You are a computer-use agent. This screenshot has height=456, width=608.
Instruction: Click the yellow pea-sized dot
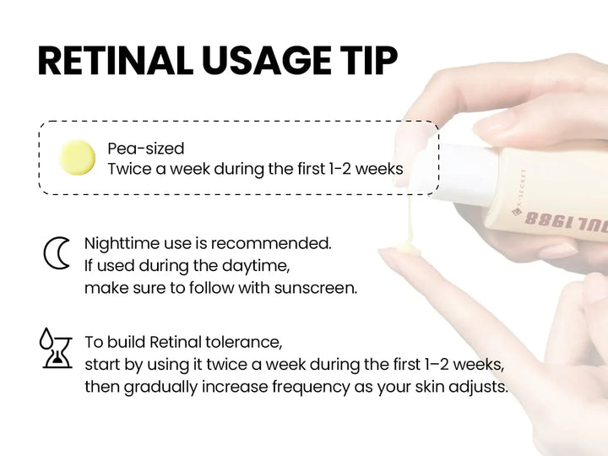pyautogui.click(x=77, y=158)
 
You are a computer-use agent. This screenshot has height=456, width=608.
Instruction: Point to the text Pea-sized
pyautogui.click(x=145, y=149)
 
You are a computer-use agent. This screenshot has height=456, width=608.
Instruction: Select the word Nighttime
pyautogui.click(x=122, y=243)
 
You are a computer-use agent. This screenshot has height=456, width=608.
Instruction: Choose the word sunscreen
pyautogui.click(x=315, y=287)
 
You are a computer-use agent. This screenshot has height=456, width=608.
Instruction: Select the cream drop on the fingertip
pyautogui.click(x=399, y=250)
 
